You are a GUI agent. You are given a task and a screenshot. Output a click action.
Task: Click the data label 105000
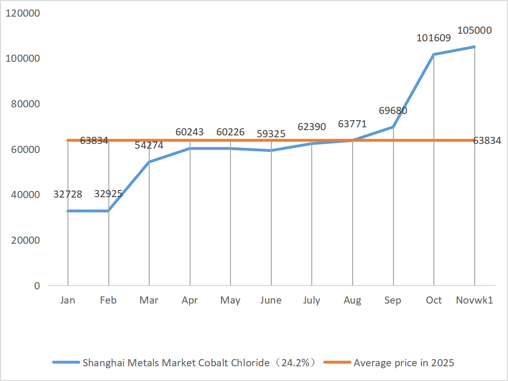(474, 30)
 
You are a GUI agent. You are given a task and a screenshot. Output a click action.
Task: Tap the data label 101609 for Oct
(433, 38)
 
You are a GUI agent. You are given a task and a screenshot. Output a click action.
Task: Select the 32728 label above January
(68, 194)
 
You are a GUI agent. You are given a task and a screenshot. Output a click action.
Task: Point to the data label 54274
(149, 146)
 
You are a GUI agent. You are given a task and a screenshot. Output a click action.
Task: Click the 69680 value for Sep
(393, 111)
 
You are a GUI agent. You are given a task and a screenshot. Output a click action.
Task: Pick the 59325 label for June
(271, 134)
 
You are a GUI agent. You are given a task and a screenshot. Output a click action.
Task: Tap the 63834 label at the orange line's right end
(487, 141)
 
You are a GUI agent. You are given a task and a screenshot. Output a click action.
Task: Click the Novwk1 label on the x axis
(474, 300)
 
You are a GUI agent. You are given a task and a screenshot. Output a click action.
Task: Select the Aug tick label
(352, 300)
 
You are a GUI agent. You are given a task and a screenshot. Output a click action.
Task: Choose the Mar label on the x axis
(149, 300)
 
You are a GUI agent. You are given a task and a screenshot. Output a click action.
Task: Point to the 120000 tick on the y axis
(22, 13)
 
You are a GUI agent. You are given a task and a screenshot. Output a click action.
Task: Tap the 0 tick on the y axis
(36, 286)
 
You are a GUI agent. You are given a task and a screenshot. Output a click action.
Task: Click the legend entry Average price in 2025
(403, 363)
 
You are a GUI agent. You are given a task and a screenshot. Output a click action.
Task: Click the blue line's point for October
(433, 54)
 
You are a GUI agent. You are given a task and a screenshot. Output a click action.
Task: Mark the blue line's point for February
(108, 211)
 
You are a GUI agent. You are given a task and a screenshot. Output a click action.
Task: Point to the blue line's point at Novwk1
(474, 47)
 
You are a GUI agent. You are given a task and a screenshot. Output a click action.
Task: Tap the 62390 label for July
(312, 127)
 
